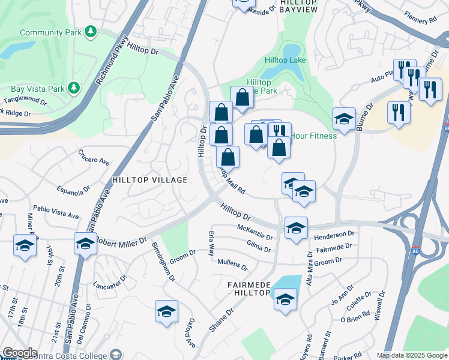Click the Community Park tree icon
90,31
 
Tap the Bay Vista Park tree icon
74,89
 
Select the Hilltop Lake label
286,61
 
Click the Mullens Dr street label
232,264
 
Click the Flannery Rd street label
420,19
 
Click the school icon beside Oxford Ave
166,311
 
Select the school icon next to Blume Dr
344,119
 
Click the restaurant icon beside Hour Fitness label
280,133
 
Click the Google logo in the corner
19,353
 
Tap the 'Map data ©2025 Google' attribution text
411,355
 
